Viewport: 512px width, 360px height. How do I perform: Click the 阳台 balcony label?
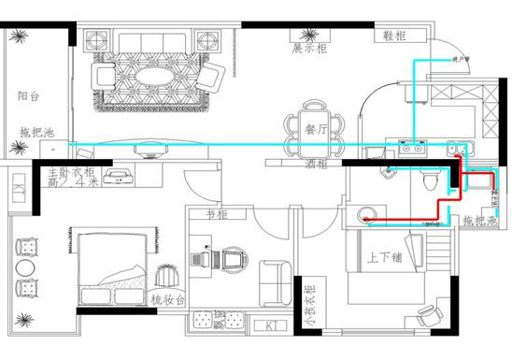click(28, 96)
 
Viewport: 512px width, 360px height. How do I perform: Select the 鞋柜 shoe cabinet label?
click(394, 36)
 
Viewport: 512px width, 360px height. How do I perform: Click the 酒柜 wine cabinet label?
click(317, 164)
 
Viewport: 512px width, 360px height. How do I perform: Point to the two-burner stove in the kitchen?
click(412, 146)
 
